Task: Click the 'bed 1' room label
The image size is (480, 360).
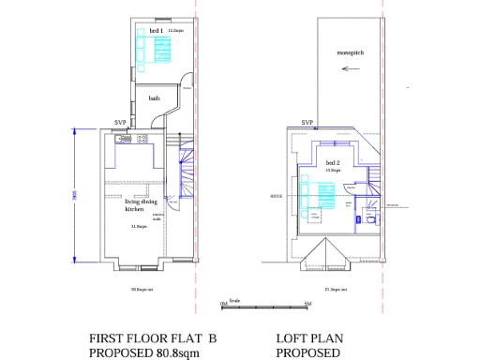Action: point(155,31)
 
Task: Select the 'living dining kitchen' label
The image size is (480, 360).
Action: point(142,204)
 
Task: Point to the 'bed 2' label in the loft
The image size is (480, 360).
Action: point(331,163)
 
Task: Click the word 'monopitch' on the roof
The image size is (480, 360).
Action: point(351,65)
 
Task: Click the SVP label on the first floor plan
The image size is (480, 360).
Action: point(120,123)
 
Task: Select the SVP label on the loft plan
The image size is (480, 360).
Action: point(307,123)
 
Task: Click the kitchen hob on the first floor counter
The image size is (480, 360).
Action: point(143,140)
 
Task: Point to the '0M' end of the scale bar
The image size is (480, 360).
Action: point(224,305)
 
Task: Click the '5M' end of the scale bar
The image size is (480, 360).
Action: point(307,305)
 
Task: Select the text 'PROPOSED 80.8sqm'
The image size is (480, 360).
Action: point(141,353)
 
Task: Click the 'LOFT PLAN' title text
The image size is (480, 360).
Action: point(306,338)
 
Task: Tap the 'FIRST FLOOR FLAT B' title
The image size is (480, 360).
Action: point(153,338)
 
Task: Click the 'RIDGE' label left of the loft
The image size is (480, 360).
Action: point(276,197)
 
